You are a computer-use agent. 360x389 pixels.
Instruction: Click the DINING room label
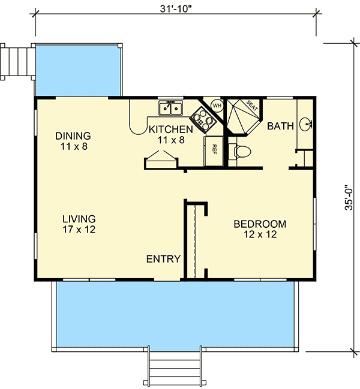click(73, 135)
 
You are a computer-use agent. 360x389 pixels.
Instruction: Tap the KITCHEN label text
click(171, 129)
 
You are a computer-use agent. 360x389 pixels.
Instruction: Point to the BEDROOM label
click(259, 224)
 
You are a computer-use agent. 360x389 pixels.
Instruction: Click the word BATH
click(280, 126)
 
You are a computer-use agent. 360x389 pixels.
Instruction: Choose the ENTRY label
click(163, 259)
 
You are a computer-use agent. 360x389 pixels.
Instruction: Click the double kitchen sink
click(171, 108)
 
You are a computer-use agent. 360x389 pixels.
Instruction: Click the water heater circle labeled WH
click(217, 106)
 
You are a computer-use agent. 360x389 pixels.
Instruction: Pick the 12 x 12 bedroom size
click(259, 235)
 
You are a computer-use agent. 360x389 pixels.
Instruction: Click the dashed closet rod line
click(195, 240)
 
